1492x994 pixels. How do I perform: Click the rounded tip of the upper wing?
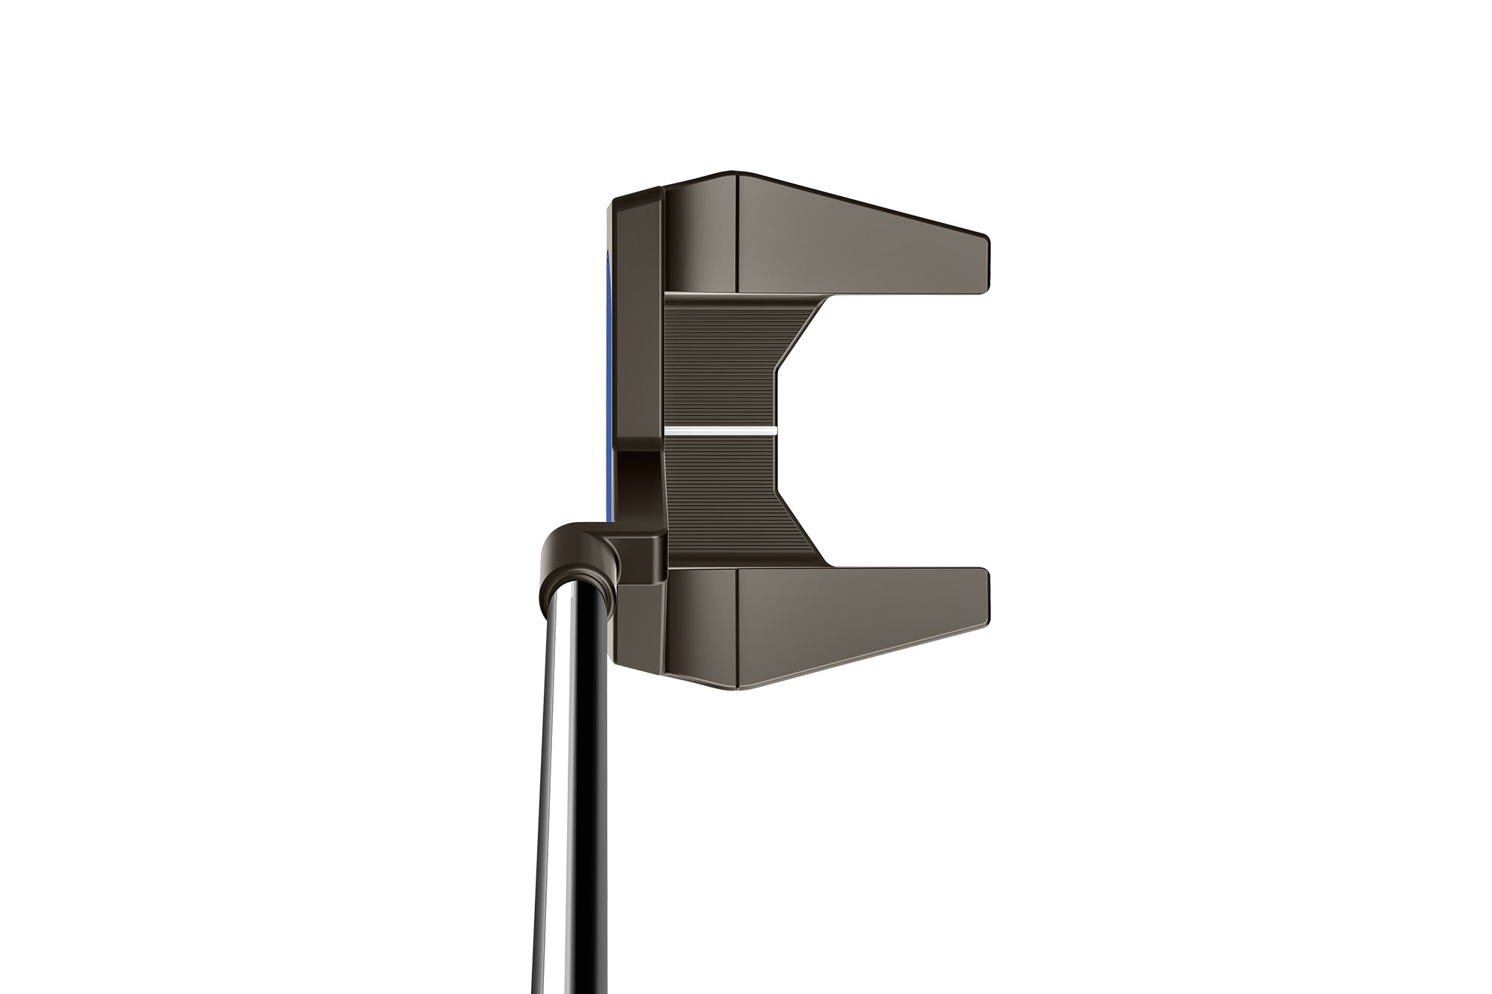[983, 265]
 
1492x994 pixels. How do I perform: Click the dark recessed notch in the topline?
[638, 485]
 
